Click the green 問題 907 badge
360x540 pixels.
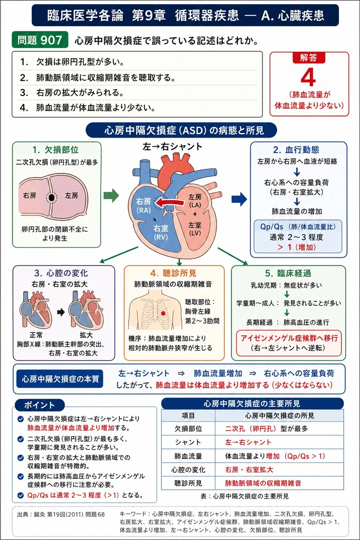(40, 40)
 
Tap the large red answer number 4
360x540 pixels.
(309, 77)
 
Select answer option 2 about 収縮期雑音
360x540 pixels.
(97, 78)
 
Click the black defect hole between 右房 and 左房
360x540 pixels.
(51, 198)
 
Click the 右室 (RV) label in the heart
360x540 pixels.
(161, 232)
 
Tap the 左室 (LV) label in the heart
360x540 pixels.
(195, 229)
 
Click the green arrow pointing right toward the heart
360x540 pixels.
(111, 195)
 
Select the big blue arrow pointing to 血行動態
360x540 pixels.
(239, 199)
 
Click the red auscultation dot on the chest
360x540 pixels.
(163, 313)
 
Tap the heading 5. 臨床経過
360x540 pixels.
(288, 273)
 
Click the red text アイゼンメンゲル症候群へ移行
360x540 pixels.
(289, 338)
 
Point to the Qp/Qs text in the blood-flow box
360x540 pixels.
(271, 227)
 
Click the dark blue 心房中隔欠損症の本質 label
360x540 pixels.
(60, 379)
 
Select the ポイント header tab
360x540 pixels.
(40, 405)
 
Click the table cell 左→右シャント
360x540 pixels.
(248, 442)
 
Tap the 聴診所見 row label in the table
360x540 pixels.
(188, 483)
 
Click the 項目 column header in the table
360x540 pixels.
(188, 416)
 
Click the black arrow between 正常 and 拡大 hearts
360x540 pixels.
(61, 313)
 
